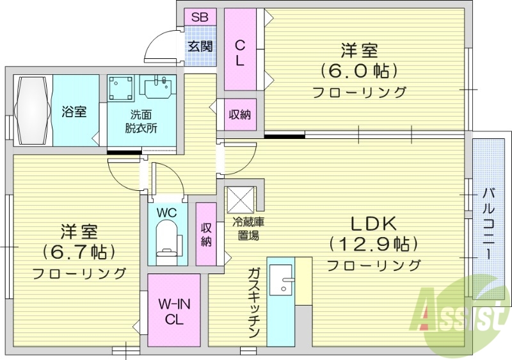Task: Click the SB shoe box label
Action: (x=200, y=17)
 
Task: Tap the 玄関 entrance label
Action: (x=200, y=45)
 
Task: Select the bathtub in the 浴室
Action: (x=31, y=111)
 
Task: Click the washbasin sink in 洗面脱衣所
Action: (x=158, y=86)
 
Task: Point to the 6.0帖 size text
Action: (x=359, y=70)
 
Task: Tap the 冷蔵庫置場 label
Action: (x=246, y=229)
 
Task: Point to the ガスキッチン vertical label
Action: (x=253, y=304)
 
